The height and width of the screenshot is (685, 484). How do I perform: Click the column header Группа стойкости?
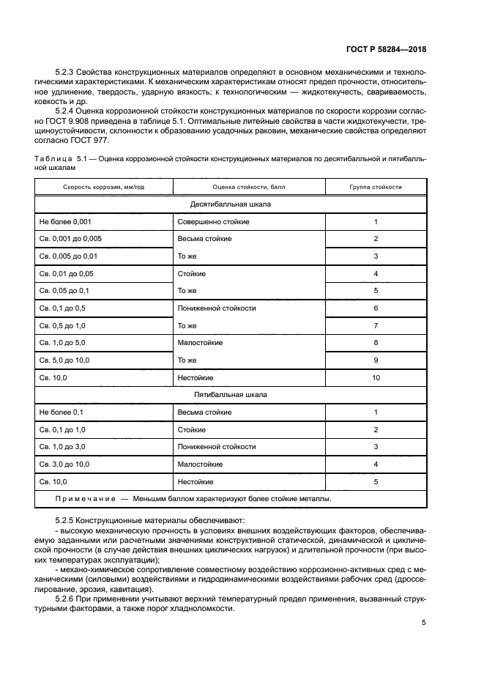click(376, 188)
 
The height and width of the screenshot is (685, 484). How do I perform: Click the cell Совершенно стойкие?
click(213, 221)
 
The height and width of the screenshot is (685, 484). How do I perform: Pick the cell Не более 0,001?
click(64, 221)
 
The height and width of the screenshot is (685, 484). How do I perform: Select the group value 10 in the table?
click(376, 378)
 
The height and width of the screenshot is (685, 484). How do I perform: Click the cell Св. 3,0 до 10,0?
click(70, 464)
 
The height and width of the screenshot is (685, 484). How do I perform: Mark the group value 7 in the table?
click(376, 326)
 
